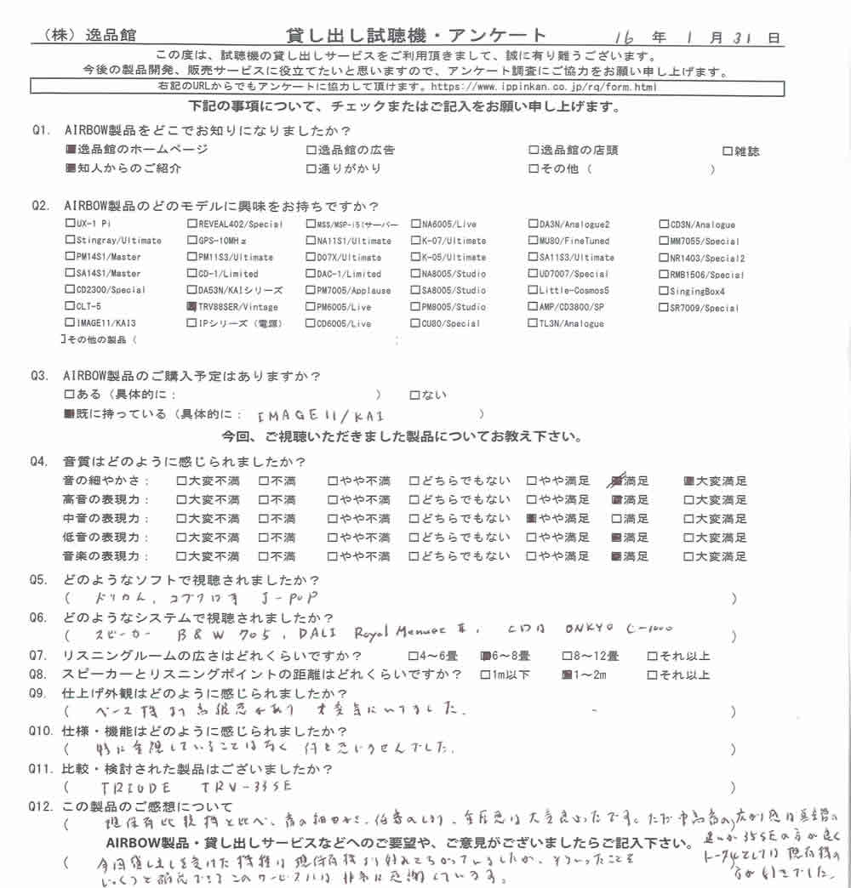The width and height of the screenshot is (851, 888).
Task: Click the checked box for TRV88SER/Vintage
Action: coord(191,307)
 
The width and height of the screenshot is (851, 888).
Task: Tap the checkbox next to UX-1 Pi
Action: coord(70,225)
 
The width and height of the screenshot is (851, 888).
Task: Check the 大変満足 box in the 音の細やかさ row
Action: coord(690,481)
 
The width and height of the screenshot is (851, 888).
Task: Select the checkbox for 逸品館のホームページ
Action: coord(70,151)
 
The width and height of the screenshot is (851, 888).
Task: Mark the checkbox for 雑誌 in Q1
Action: coord(727,151)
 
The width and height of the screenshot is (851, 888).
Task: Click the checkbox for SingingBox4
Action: coord(664,292)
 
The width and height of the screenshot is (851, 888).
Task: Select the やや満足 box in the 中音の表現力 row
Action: coord(531,518)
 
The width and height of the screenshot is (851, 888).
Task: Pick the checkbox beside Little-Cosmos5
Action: coord(533,291)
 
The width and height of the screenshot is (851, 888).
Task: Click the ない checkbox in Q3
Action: coord(414,396)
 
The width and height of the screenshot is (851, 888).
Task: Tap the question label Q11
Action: coord(43,769)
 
